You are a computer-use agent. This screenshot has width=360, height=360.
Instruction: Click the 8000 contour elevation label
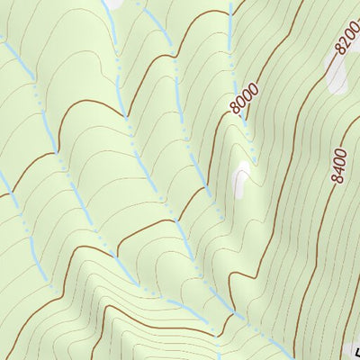click(244, 97)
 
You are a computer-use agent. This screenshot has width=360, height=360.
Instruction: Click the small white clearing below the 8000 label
click(241, 180)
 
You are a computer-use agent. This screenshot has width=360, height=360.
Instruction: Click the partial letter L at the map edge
click(356, 352)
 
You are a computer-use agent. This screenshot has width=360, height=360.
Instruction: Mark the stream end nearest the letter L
click(290, 355)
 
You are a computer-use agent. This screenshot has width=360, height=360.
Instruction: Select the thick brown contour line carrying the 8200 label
click(319, 85)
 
